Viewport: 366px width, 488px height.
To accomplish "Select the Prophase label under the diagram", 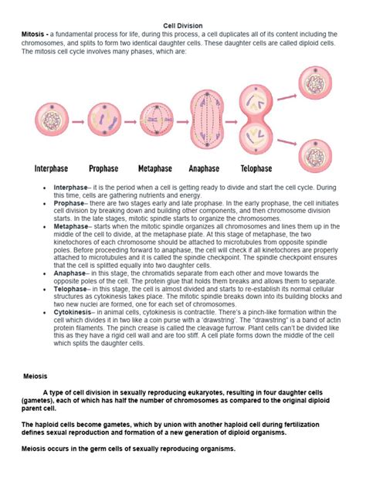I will coord(103,168).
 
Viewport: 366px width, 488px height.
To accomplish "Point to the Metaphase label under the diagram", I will coord(154,168).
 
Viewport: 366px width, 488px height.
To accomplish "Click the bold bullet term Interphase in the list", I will coord(70,188).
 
